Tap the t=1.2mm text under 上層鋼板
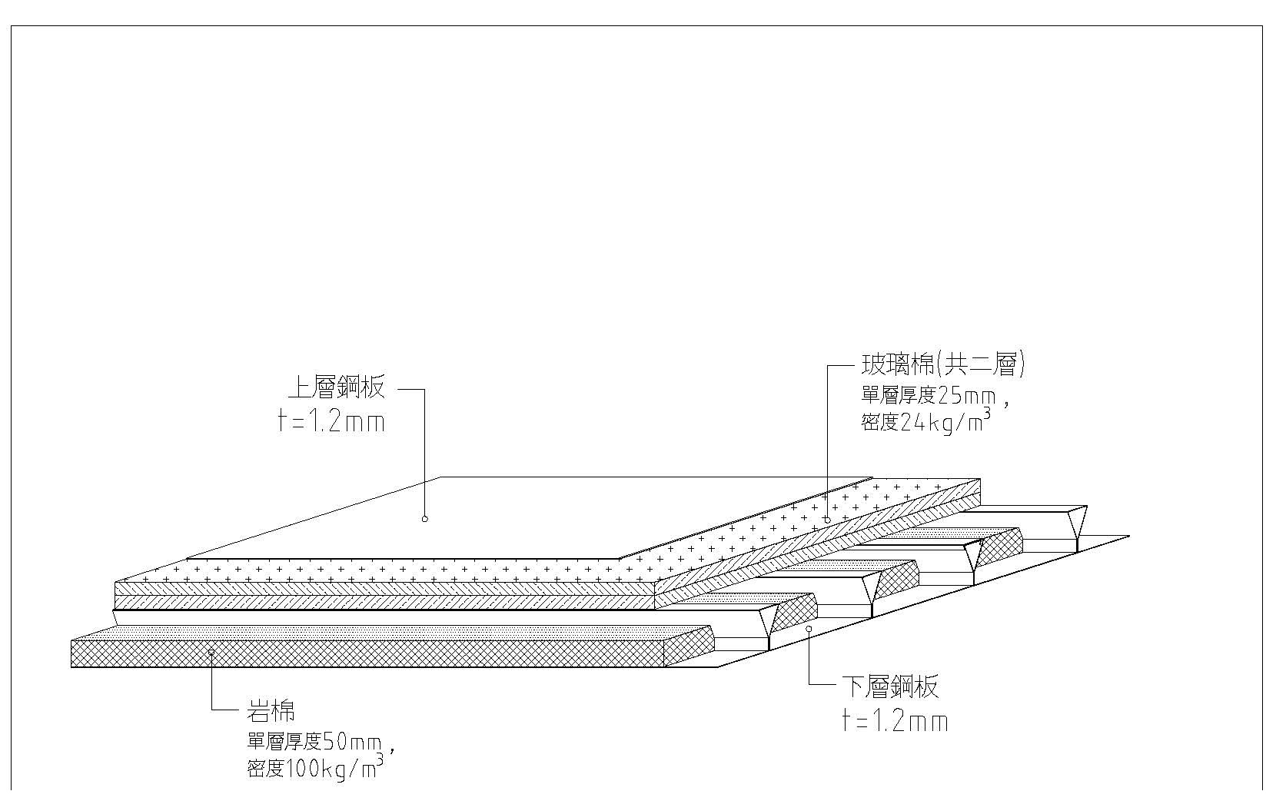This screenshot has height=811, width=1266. click(331, 422)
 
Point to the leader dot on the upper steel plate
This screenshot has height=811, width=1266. click(425, 519)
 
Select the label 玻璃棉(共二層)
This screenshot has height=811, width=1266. click(943, 364)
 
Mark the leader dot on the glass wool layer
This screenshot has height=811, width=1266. click(827, 520)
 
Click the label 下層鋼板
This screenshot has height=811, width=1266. click(890, 686)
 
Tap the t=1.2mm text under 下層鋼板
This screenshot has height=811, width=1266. click(895, 721)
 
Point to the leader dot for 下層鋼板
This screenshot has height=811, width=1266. click(809, 628)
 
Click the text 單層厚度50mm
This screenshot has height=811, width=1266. click(314, 743)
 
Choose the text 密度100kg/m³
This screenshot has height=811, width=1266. click(314, 768)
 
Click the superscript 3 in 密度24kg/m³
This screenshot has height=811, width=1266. click(986, 414)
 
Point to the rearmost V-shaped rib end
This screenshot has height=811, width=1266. click(1075, 523)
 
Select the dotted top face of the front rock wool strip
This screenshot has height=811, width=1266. click(384, 633)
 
